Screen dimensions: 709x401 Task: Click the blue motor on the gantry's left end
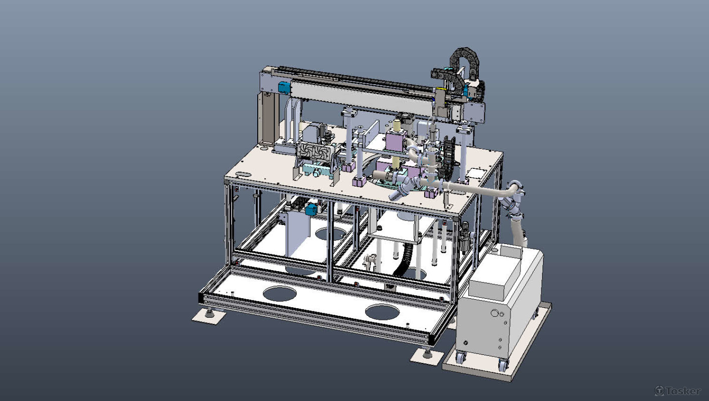pyautogui.click(x=284, y=88)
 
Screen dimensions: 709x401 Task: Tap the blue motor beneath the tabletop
pyautogui.click(x=311, y=210)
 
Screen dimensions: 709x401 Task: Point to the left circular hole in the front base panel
pyautogui.click(x=280, y=294)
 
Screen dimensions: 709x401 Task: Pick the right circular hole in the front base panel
pyautogui.click(x=382, y=312)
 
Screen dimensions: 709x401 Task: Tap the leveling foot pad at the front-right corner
pyautogui.click(x=427, y=357)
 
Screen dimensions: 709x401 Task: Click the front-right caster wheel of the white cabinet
pyautogui.click(x=502, y=365)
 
